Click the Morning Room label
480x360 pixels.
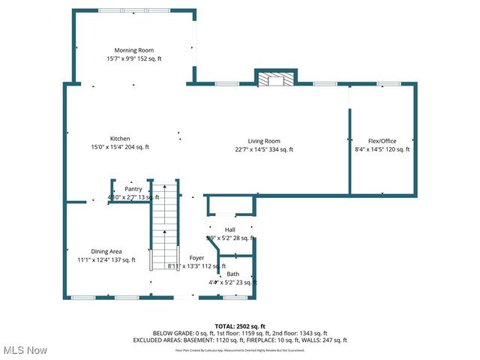coord(134,50)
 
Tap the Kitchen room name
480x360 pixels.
coord(120,139)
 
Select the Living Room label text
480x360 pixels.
coord(264,141)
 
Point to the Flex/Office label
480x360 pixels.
coord(382,141)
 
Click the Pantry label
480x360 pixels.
coord(133,189)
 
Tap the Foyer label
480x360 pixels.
coord(196,257)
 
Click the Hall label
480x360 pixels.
coord(229,229)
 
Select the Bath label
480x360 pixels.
coord(232,274)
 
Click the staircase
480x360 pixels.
coord(164,225)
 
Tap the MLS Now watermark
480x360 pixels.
coord(24,350)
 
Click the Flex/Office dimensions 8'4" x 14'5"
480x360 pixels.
coord(369,150)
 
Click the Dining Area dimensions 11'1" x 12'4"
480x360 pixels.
coord(92,260)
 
